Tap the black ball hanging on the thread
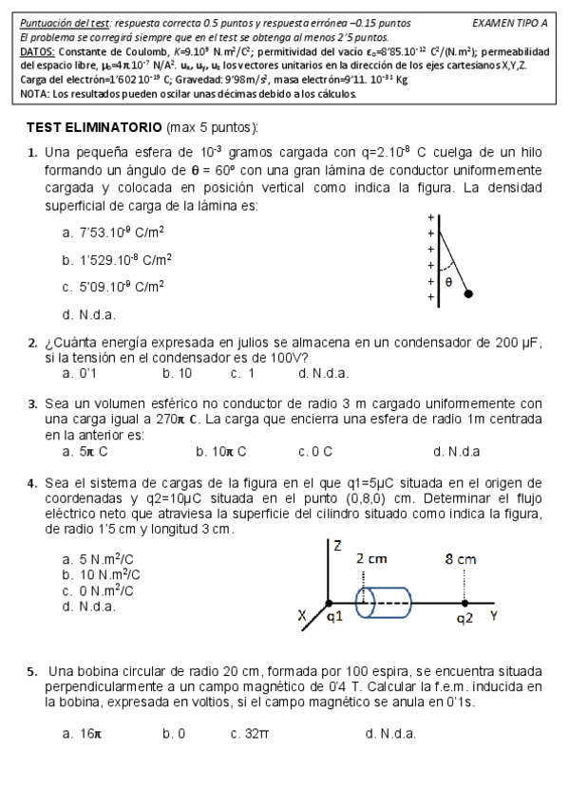tap(468, 294)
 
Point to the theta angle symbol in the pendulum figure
tap(448, 281)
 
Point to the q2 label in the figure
tap(464, 619)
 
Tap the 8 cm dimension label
tap(461, 559)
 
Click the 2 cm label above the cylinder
tap(371, 559)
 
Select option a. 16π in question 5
tap(82, 733)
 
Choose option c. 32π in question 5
tap(250, 733)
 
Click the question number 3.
tap(32, 403)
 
